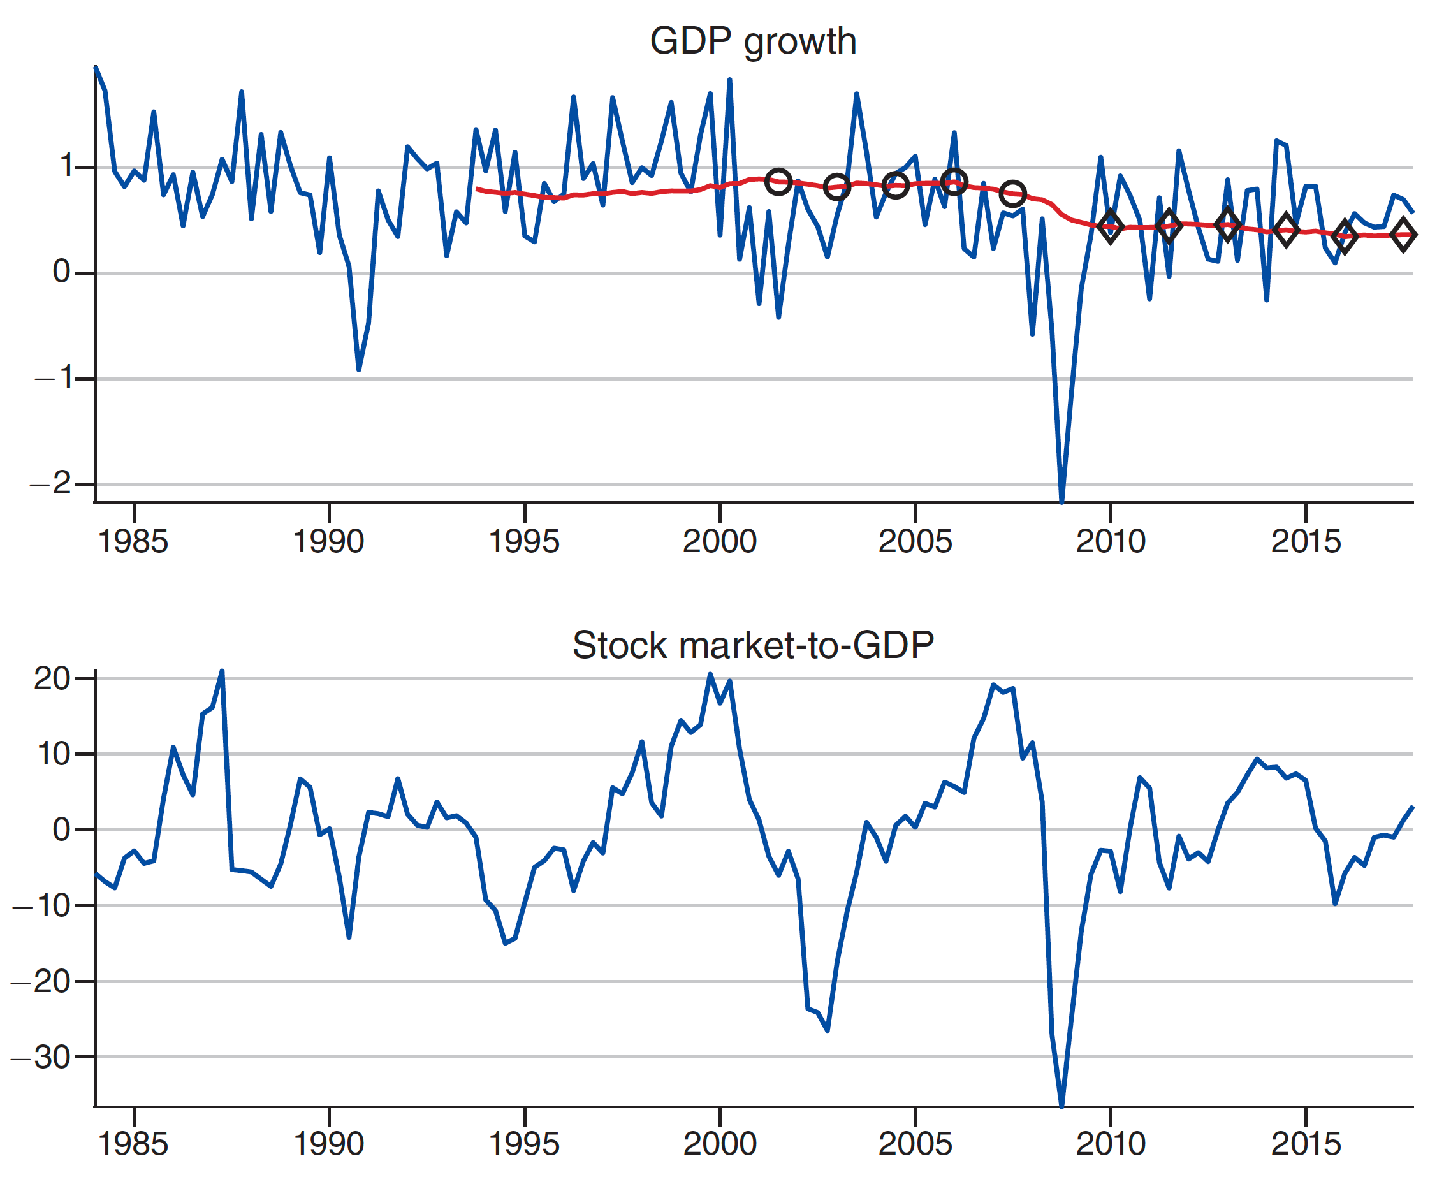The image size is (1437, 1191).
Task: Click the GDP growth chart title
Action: coord(753,41)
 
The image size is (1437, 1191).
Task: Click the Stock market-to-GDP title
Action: coord(753,645)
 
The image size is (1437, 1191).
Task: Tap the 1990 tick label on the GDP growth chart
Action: coord(328,542)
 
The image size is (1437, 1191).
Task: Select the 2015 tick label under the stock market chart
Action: coord(1306,1144)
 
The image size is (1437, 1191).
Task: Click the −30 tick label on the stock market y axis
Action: coord(43,1058)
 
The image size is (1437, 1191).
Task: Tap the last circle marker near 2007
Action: coord(1013,194)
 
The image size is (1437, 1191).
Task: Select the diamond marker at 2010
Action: coord(1111,226)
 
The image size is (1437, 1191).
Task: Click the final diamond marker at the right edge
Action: coord(1403,235)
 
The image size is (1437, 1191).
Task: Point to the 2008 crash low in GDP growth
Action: coord(1062,501)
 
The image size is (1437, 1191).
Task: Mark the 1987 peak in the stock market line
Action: coord(222,672)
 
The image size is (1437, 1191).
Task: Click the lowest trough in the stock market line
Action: coord(1062,1105)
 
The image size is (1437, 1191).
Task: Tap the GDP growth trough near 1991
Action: coord(358,370)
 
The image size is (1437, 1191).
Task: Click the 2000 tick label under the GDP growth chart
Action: coord(720,542)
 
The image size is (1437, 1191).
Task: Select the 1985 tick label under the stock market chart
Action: coord(133,1144)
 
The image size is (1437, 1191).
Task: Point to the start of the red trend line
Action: coord(477,189)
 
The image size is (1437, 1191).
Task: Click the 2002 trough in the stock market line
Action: coord(828,1030)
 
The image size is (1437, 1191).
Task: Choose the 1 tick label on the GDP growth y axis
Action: coord(66,166)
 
